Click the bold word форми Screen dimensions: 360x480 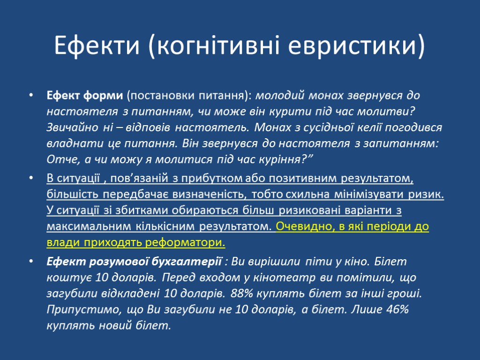point(107,96)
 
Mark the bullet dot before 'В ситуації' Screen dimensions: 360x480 point(31,179)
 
